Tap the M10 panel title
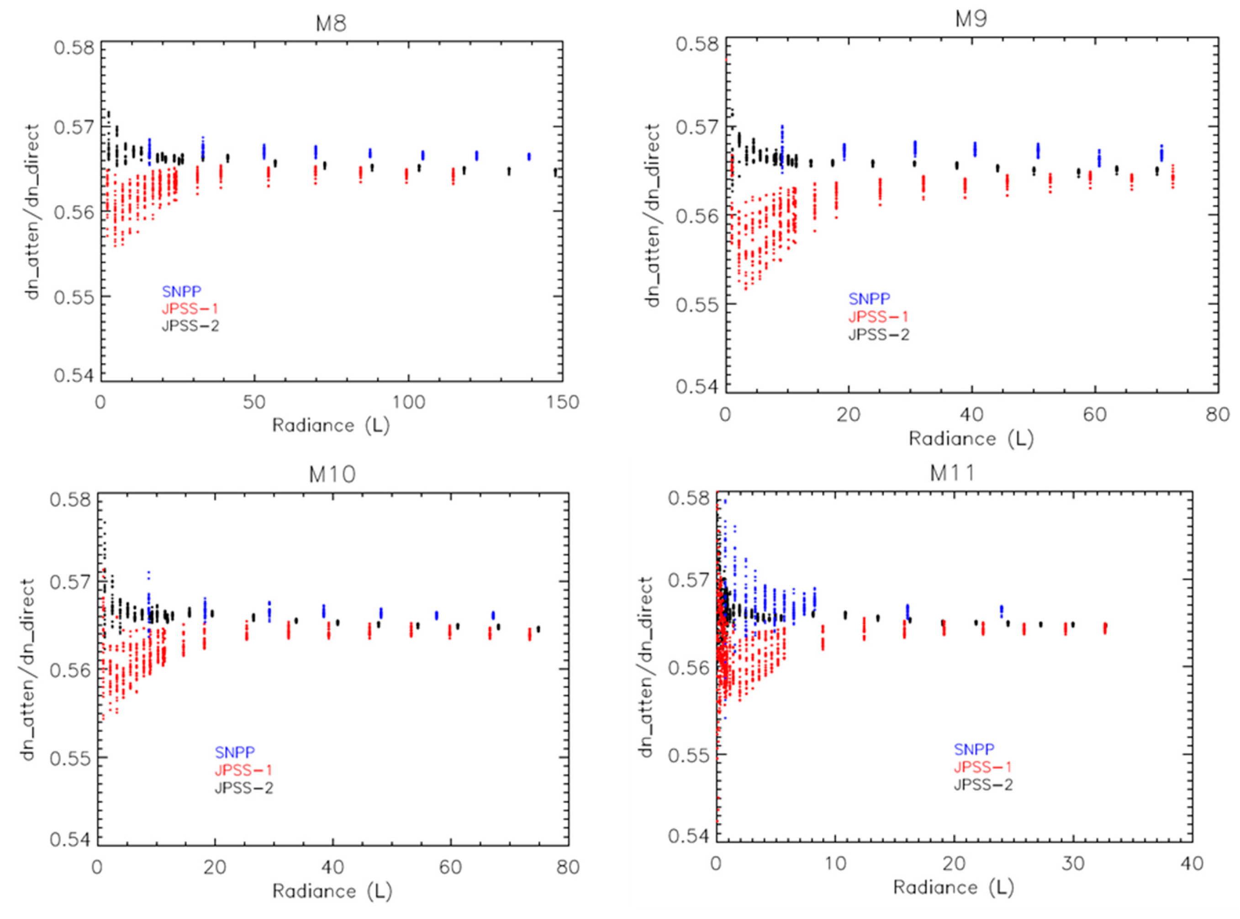pyautogui.click(x=332, y=474)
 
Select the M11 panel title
pyautogui.click(x=953, y=473)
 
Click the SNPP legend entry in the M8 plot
pyautogui.click(x=181, y=291)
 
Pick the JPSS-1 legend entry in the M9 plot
pyautogui.click(x=877, y=317)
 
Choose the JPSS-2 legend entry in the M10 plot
pyautogui.click(x=243, y=788)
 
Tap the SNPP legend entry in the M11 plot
pyautogui.click(x=974, y=749)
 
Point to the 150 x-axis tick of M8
pyautogui.click(x=562, y=402)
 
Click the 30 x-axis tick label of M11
pyautogui.click(x=1073, y=863)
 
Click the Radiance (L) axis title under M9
pyautogui.click(x=971, y=439)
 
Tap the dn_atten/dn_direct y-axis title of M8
pyautogui.click(x=33, y=212)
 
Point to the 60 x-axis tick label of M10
pyautogui.click(x=450, y=867)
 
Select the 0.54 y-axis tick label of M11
pyautogui.click(x=689, y=836)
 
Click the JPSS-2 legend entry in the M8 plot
pyautogui.click(x=190, y=325)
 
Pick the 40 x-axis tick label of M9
pyautogui.click(x=971, y=414)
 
